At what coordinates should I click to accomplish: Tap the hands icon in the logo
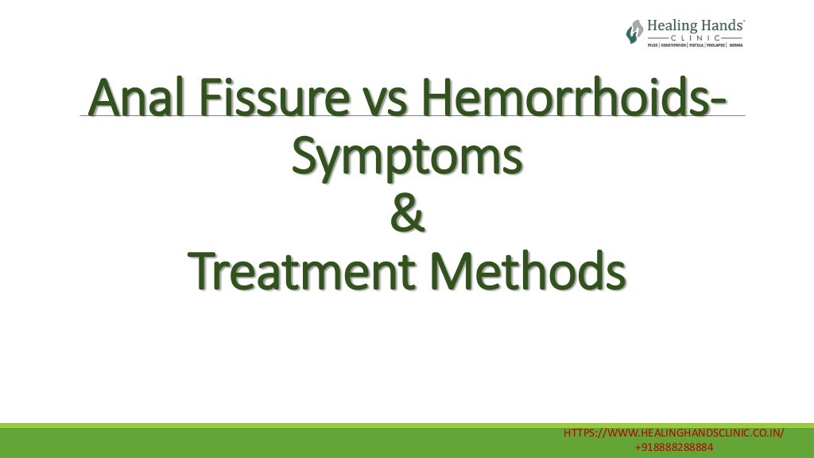click(634, 32)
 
